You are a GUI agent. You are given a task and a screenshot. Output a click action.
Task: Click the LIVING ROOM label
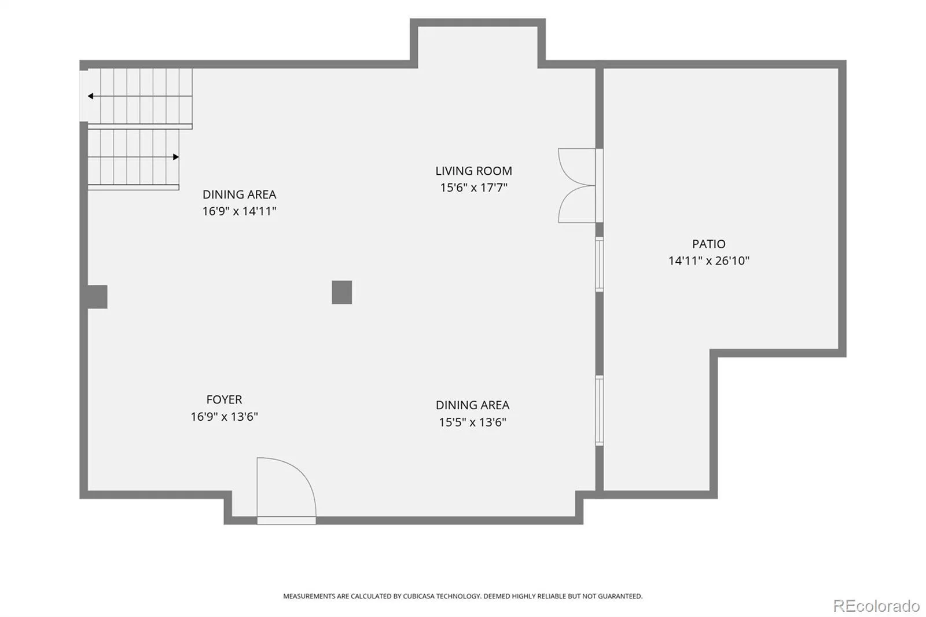[x=473, y=171]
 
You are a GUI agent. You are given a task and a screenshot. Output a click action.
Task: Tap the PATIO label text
[x=708, y=244]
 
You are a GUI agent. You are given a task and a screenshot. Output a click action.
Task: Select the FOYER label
[x=224, y=399]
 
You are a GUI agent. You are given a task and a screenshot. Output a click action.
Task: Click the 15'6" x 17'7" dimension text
[x=473, y=188]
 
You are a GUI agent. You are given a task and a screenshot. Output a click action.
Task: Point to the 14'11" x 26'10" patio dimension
[x=708, y=261]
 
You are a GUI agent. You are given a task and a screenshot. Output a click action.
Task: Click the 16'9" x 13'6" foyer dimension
[x=224, y=416]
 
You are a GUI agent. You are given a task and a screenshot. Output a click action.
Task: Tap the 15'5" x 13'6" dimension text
[x=472, y=422]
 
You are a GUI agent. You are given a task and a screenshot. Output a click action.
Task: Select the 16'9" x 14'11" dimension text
[x=239, y=211]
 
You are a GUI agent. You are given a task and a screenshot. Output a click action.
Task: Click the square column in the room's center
[x=342, y=292]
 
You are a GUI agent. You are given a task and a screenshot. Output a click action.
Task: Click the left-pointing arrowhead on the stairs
[x=90, y=96]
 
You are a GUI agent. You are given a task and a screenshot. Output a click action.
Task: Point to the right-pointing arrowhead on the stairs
[x=176, y=157]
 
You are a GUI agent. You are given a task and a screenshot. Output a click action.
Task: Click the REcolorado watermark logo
[x=876, y=606]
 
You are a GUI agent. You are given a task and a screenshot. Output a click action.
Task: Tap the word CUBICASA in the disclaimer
[x=419, y=596]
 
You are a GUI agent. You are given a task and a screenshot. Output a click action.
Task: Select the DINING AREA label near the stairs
[x=239, y=194]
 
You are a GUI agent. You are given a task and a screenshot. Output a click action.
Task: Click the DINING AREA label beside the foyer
[x=472, y=405]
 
